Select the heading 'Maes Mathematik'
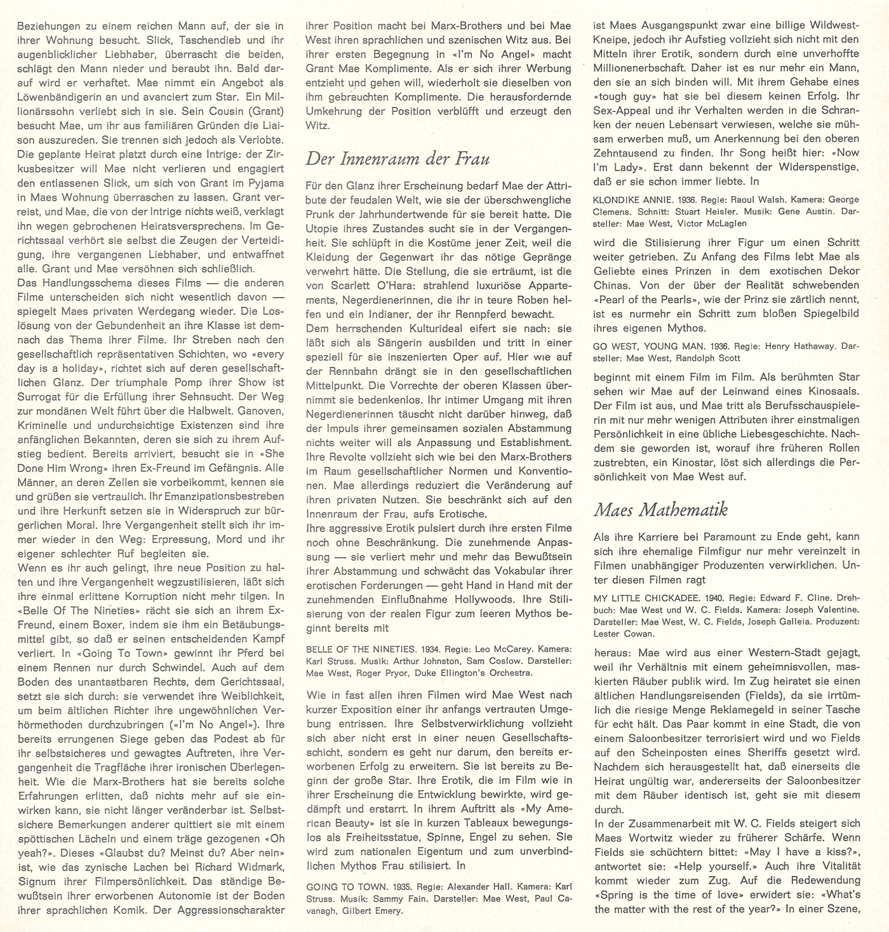tap(660, 509)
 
